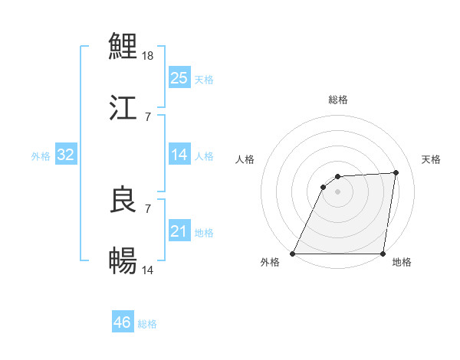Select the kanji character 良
pyautogui.click(x=123, y=200)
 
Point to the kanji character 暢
pyautogui.click(x=123, y=261)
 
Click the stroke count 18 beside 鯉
pyautogui.click(x=149, y=56)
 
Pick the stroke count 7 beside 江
pyautogui.click(x=147, y=116)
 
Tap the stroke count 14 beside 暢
pyautogui.click(x=149, y=270)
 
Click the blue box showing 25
pyautogui.click(x=179, y=78)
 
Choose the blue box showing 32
pyautogui.click(x=65, y=155)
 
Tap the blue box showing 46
pyautogui.click(x=122, y=322)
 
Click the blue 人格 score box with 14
pyautogui.click(x=179, y=155)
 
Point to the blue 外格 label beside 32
pyautogui.click(x=41, y=156)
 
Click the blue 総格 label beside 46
pyautogui.click(x=147, y=324)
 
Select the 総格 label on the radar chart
pyautogui.click(x=338, y=100)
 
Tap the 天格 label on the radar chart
pyautogui.click(x=431, y=159)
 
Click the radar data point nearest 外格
pyautogui.click(x=293, y=254)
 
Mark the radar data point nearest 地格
pyautogui.click(x=383, y=254)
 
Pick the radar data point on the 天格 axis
pyautogui.click(x=396, y=173)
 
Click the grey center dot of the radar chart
pyautogui.click(x=338, y=191)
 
